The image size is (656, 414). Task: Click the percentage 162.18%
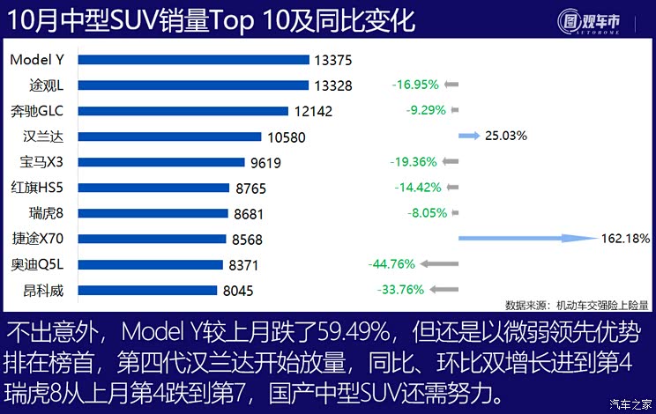click(625, 238)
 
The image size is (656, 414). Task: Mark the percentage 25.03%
click(506, 136)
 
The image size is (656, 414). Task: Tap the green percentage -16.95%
click(415, 85)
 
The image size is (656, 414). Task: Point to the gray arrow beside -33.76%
click(444, 289)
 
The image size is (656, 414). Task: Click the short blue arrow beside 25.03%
click(469, 136)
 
